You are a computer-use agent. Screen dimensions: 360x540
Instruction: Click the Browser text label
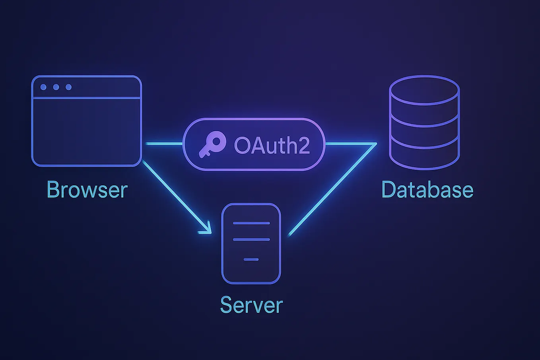(87, 190)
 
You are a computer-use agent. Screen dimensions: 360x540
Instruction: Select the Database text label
(427, 190)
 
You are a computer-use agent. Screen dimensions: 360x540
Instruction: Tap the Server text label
(251, 305)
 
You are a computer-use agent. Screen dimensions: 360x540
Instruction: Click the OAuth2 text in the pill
(272, 145)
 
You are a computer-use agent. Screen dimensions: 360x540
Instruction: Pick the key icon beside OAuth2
(212, 144)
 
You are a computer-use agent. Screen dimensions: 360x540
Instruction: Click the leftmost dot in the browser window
(43, 87)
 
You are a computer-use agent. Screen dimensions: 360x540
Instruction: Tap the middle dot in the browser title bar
(56, 87)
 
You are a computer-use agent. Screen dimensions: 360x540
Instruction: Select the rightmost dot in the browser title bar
(69, 87)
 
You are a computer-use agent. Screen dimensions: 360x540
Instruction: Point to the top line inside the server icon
(251, 223)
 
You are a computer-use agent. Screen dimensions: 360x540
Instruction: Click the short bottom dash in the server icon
(251, 259)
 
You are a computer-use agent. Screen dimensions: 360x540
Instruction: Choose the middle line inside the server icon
(251, 239)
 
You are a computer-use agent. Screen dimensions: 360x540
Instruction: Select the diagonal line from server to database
(332, 190)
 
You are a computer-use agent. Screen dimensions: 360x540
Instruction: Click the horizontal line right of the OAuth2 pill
(350, 143)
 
